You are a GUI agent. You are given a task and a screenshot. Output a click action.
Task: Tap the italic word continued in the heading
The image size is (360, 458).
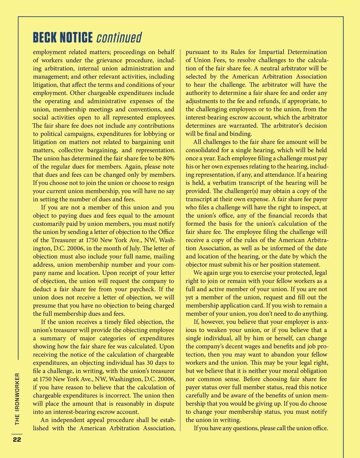tap(119, 38)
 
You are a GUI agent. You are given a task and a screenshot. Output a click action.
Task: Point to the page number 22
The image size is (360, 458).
tap(16, 439)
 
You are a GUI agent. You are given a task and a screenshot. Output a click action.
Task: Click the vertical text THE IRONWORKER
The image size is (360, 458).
tap(17, 399)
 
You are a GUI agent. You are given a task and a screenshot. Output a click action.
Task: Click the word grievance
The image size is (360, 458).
tap(111, 60)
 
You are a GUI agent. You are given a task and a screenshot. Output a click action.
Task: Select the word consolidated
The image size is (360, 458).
tap(203, 150)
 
